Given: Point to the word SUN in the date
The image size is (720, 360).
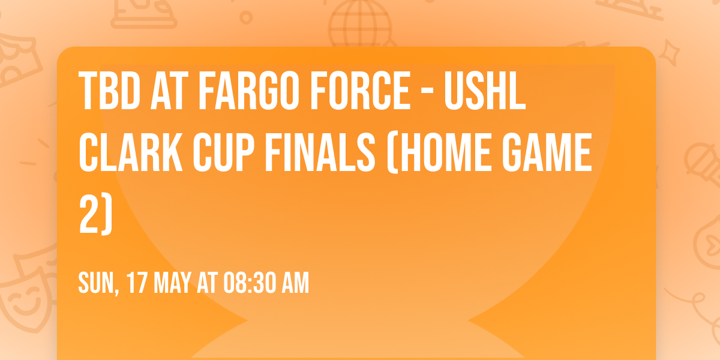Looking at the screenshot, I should tap(97, 283).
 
